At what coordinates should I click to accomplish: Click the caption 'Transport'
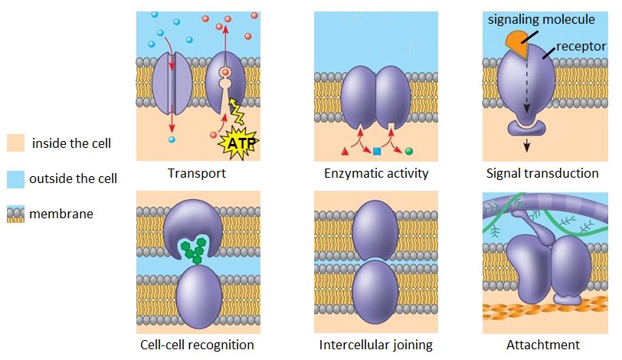(x=197, y=173)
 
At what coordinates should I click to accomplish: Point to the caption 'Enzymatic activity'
(x=375, y=173)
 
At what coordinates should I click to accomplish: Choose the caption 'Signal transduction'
(x=542, y=173)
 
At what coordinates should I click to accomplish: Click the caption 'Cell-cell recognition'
(x=197, y=345)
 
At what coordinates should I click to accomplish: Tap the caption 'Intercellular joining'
(x=375, y=345)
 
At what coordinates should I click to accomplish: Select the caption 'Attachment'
(x=542, y=345)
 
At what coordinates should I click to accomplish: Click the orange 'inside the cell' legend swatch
(x=16, y=143)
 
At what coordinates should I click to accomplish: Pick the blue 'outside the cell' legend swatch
(x=16, y=178)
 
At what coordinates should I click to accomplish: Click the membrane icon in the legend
(x=16, y=214)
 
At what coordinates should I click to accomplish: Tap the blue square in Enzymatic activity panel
(x=377, y=151)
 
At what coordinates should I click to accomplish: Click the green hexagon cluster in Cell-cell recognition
(x=195, y=250)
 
